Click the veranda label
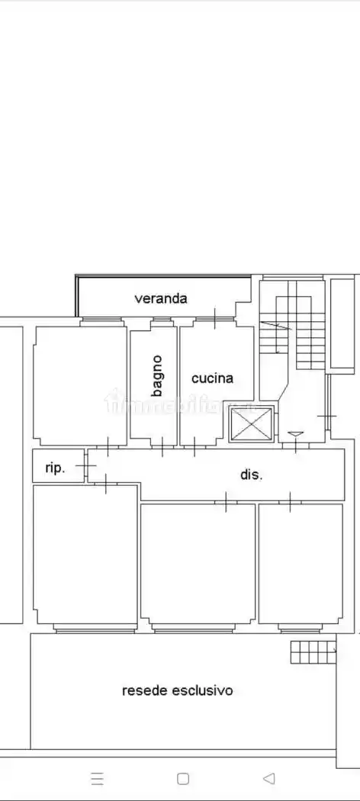click(x=161, y=298)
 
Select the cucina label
click(x=212, y=378)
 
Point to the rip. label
click(x=56, y=468)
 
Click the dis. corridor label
click(x=251, y=474)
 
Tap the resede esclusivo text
click(x=178, y=690)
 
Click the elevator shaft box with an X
click(x=251, y=424)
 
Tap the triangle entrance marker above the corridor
click(x=295, y=436)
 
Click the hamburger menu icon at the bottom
click(x=97, y=778)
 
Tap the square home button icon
click(x=183, y=778)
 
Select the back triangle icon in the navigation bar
click(x=268, y=778)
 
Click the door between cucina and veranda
click(x=215, y=318)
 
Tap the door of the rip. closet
click(x=87, y=465)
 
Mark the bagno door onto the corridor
click(x=162, y=446)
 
